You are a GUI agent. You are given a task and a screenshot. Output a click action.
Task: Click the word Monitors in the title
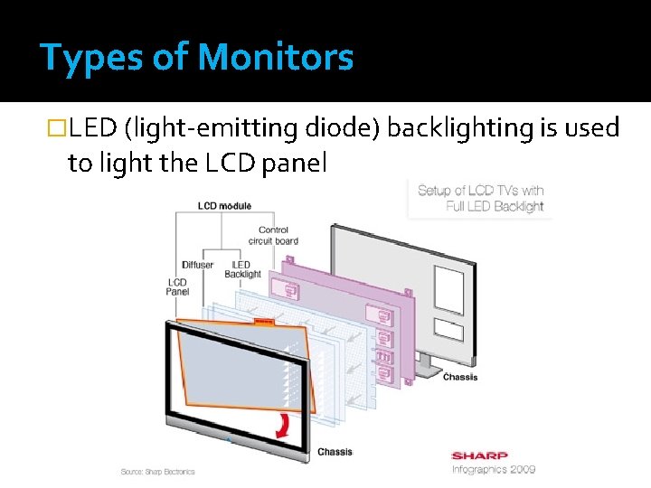pyautogui.click(x=275, y=59)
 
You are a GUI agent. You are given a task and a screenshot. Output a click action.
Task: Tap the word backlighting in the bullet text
pyautogui.click(x=460, y=129)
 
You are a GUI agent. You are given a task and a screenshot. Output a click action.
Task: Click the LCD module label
pyautogui.click(x=225, y=206)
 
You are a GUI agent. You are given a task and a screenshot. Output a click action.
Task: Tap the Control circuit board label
pyautogui.click(x=272, y=236)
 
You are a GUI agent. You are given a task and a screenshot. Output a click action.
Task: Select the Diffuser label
pyautogui.click(x=197, y=265)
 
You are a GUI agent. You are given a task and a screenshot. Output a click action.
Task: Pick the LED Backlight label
pyautogui.click(x=242, y=269)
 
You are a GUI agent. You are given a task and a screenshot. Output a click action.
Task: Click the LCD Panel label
pyautogui.click(x=177, y=286)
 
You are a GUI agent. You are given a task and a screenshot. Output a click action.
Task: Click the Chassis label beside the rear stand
pyautogui.click(x=460, y=377)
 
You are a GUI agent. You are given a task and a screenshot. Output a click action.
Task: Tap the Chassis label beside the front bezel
pyautogui.click(x=335, y=452)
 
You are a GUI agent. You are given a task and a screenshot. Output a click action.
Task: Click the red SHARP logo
pyautogui.click(x=479, y=455)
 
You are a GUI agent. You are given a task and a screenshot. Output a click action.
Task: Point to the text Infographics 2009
pyautogui.click(x=494, y=469)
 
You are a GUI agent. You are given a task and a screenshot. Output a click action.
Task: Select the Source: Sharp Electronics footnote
pyautogui.click(x=158, y=472)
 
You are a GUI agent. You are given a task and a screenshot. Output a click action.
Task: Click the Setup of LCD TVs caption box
pyautogui.click(x=480, y=198)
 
